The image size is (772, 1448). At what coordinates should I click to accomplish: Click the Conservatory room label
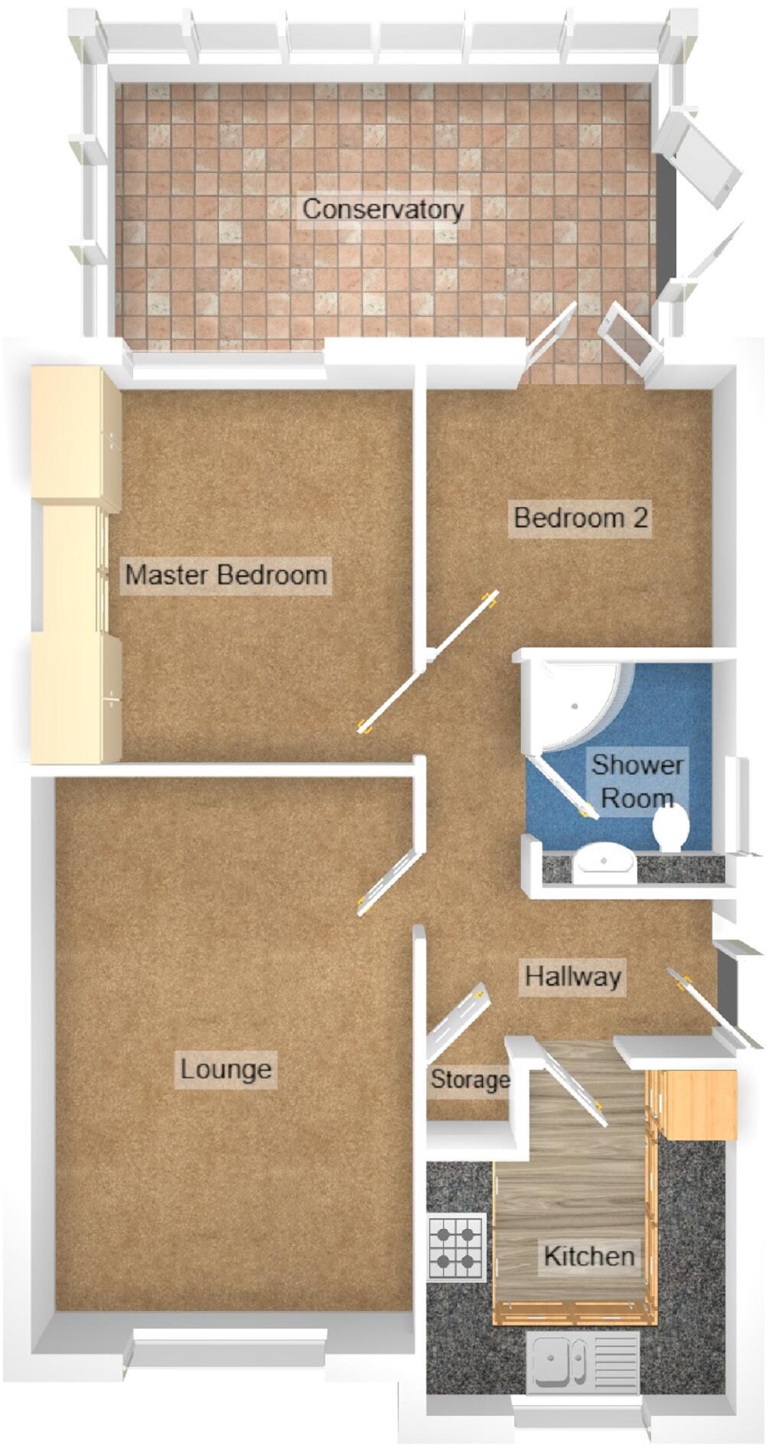click(383, 209)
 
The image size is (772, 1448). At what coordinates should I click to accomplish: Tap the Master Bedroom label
click(226, 574)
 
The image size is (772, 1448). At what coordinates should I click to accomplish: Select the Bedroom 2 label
click(581, 517)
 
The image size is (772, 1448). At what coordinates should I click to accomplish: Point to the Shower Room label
click(637, 781)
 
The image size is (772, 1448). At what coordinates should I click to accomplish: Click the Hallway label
click(572, 977)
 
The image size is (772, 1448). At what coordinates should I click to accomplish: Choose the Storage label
click(469, 1080)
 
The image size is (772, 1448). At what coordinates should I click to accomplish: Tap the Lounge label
click(226, 1068)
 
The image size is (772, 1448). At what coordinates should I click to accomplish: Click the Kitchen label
click(588, 1256)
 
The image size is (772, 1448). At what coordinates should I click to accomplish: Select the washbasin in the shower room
click(604, 863)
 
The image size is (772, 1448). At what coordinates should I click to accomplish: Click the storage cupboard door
click(457, 1019)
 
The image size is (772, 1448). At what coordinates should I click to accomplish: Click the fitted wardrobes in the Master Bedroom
click(75, 565)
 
